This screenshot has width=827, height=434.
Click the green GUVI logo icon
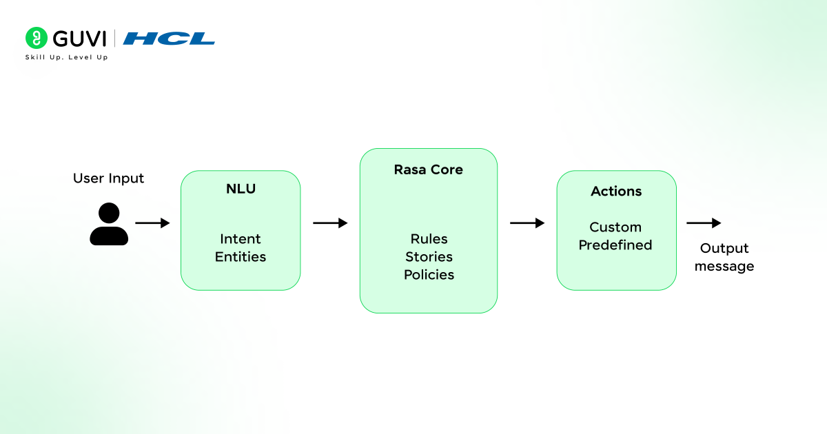pos(37,39)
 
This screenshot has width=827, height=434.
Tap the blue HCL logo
pos(169,39)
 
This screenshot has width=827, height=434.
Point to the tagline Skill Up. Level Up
pos(66,57)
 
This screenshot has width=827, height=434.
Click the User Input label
pos(109,178)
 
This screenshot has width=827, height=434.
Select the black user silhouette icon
pos(109,224)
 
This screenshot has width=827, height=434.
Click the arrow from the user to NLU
pos(152,223)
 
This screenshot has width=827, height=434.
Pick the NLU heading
pos(241,189)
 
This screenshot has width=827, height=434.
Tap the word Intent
pos(241,239)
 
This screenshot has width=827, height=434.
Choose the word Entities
pos(241,257)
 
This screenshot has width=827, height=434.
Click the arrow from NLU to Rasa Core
pos(330,223)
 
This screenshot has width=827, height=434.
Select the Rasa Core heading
pos(428,169)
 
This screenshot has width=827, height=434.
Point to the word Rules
pos(429,239)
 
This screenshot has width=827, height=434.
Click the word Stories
pos(429,257)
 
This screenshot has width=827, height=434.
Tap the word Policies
pos(429,275)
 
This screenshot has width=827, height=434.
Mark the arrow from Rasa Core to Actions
pos(527,223)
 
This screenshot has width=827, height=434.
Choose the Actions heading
pos(616,192)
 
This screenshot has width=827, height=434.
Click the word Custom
pos(615,227)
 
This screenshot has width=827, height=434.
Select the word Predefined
pos(615,245)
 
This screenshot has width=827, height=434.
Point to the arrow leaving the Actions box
pos(704,223)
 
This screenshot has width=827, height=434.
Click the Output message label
pos(724,257)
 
